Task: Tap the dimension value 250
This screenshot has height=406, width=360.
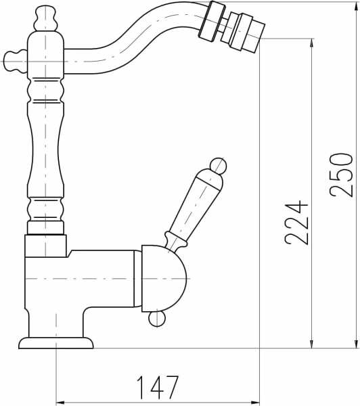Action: click(341, 175)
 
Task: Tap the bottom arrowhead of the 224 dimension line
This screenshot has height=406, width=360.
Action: click(311, 344)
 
